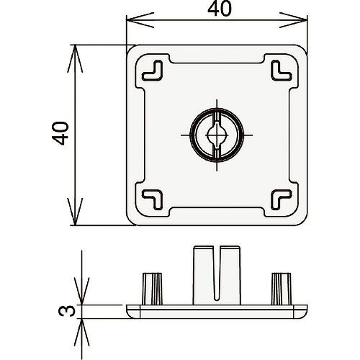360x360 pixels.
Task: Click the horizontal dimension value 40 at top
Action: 220,9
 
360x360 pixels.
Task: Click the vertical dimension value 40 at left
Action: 60,133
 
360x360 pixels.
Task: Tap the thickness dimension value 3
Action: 66,311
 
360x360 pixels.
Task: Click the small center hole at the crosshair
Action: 217,135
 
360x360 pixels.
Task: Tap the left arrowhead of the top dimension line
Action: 140,20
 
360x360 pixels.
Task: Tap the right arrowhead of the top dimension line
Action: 293,20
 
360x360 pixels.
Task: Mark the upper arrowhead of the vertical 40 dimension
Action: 75,58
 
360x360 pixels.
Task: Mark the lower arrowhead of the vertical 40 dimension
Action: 75,212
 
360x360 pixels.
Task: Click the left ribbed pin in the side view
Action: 153,289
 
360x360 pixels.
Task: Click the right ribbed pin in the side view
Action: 282,289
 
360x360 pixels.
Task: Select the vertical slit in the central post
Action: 217,273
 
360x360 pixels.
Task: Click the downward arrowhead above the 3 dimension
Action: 82,291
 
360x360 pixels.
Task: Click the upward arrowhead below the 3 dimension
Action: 82,333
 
